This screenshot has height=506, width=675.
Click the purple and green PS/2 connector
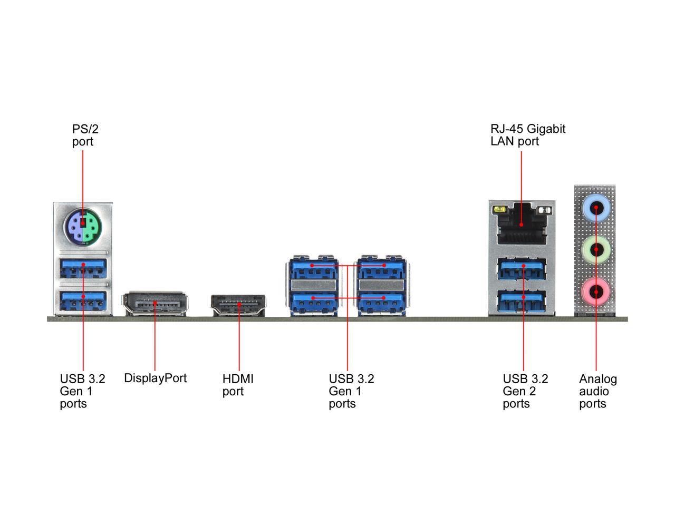(x=82, y=227)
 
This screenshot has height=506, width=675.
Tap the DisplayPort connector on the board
(x=155, y=304)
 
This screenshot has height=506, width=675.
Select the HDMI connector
(x=238, y=305)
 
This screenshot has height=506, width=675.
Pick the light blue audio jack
(x=596, y=208)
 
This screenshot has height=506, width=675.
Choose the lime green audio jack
(x=596, y=249)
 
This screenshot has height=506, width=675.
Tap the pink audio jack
(x=596, y=291)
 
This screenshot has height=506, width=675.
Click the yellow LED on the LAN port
(x=499, y=210)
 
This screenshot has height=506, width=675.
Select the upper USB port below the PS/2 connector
(x=83, y=268)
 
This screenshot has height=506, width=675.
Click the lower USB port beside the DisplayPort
(x=83, y=300)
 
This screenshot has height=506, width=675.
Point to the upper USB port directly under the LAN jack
(x=523, y=269)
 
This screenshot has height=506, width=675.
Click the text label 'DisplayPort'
(x=155, y=378)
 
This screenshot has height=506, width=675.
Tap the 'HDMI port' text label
(x=238, y=385)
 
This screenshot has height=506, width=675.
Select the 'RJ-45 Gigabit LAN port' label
(x=528, y=135)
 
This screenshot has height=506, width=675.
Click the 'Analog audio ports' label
(x=598, y=391)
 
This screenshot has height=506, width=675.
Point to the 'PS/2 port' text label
(x=85, y=135)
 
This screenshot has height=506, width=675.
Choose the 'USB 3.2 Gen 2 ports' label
(x=525, y=391)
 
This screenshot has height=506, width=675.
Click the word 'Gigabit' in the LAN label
(x=545, y=129)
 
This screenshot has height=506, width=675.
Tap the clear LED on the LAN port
(x=545, y=210)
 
